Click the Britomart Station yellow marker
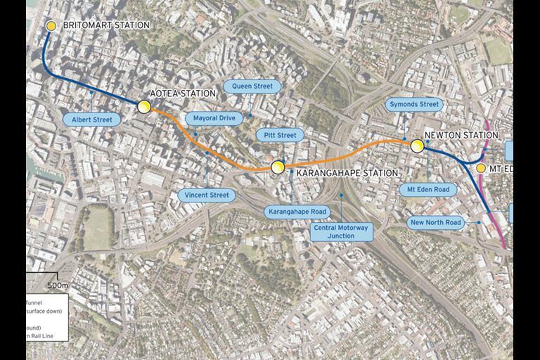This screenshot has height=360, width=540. click(x=51, y=26)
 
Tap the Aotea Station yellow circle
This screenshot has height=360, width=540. click(x=144, y=106)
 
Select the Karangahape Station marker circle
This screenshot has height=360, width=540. click(x=278, y=167)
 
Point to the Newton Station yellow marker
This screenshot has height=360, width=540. click(x=417, y=146)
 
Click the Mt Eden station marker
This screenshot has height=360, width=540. click(x=481, y=168)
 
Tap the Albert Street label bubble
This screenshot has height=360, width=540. click(x=92, y=120)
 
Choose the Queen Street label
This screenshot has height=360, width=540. click(x=252, y=86)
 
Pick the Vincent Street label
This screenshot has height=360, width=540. click(x=207, y=195)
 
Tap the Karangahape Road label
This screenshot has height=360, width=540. click(x=297, y=211)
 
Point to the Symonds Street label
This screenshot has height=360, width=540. click(x=414, y=105)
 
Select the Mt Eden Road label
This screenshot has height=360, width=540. click(x=427, y=189)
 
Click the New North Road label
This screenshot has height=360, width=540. click(x=436, y=223)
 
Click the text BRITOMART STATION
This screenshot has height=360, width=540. click(x=106, y=25)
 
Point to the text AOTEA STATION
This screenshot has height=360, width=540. click(x=183, y=94)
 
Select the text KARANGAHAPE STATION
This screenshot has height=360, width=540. click(x=347, y=172)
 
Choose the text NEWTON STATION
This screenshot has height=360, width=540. click(x=461, y=135)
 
